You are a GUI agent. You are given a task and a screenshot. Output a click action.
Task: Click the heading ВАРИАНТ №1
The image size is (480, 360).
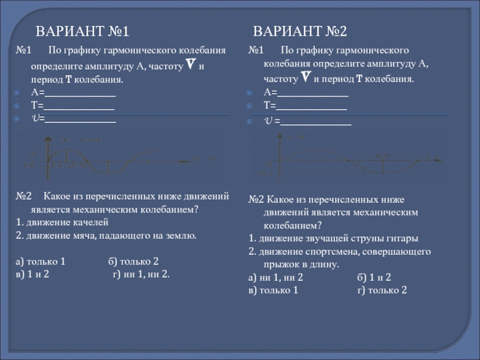pyautogui.click(x=83, y=31)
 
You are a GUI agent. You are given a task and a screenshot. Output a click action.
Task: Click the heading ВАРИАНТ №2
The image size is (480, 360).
pyautogui.click(x=300, y=31)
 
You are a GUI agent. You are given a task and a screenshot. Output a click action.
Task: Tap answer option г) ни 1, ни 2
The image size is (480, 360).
pyautogui.click(x=142, y=274)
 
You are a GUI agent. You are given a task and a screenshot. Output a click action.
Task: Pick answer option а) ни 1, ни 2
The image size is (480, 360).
pyautogui.click(x=275, y=278)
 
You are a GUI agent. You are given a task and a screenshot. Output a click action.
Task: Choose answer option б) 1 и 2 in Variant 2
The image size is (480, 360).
pyautogui.click(x=374, y=278)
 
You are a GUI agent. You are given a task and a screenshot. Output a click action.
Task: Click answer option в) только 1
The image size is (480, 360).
pyautogui.click(x=273, y=290)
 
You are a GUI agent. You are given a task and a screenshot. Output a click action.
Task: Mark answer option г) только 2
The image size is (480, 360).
pyautogui.click(x=382, y=290)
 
